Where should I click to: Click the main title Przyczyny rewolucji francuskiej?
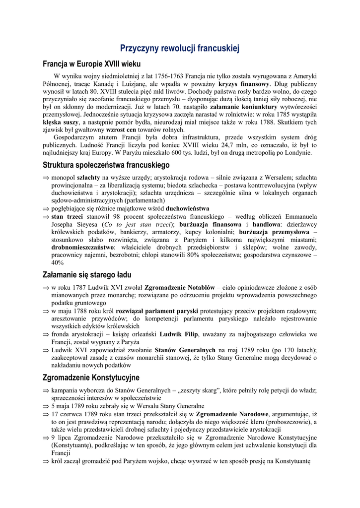pyautogui.click(x=180, y=48)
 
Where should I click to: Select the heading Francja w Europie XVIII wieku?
pyautogui.click(x=92, y=64)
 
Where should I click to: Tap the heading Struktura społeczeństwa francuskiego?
pyautogui.click(x=106, y=164)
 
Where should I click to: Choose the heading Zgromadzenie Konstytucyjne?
pyautogui.click(x=91, y=378)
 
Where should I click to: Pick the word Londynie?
pyautogui.click(x=296, y=153)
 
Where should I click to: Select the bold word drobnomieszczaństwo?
pyautogui.click(x=82, y=247)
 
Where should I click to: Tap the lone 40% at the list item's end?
pyautogui.click(x=58, y=262)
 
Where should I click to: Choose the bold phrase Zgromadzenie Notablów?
pyautogui.click(x=179, y=287)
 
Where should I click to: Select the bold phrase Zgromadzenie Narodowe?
pyautogui.click(x=232, y=414)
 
